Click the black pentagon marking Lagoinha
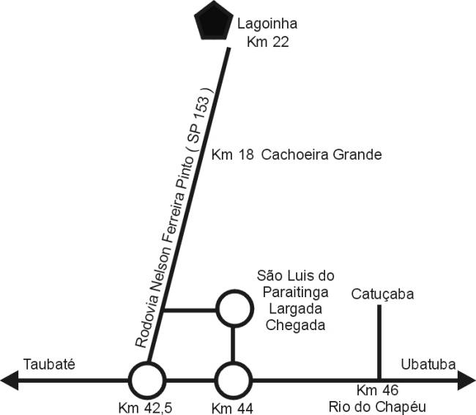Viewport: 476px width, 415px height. tap(210, 23)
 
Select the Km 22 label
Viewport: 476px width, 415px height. tap(267, 42)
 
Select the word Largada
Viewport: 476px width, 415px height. tap(296, 309)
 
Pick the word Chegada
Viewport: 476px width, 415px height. tap(296, 325)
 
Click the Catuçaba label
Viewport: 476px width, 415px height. tap(383, 294)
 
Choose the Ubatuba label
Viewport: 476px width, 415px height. tap(429, 364)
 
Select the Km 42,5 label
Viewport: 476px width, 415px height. tap(146, 406)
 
